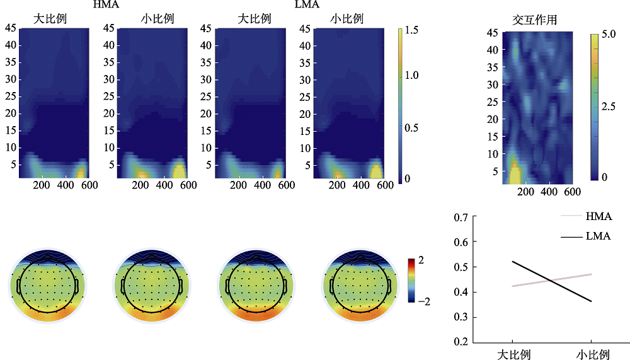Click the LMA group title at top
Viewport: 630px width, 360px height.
[307, 4]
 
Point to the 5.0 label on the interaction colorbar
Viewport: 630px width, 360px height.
[608, 36]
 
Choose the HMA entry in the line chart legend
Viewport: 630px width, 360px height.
[598, 217]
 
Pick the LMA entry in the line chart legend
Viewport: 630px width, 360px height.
[598, 236]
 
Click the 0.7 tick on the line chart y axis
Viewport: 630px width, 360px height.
[461, 217]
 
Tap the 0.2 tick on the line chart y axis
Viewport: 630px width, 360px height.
[461, 342]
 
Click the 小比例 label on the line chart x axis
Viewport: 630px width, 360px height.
[592, 354]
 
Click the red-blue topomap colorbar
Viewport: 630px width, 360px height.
[411, 281]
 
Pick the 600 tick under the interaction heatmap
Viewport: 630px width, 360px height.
[572, 191]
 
